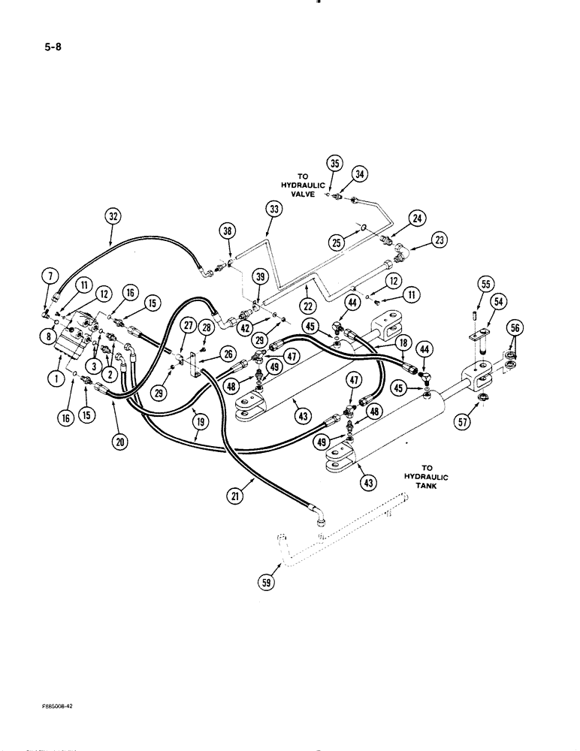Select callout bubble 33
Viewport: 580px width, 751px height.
point(274,210)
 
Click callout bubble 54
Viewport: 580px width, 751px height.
point(498,300)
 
